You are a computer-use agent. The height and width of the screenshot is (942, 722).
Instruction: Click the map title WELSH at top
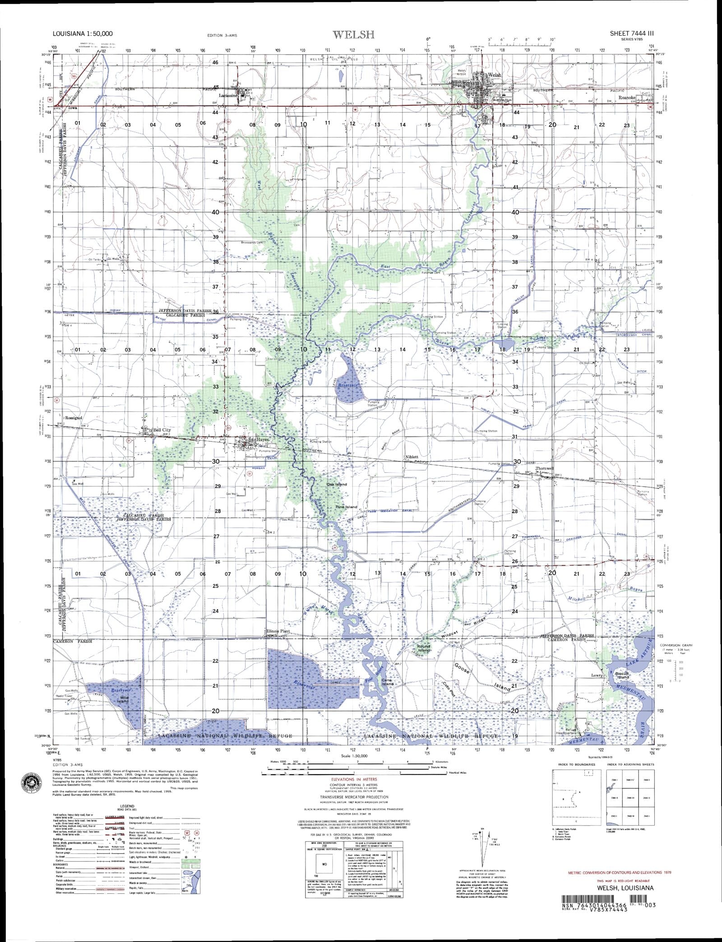(x=353, y=34)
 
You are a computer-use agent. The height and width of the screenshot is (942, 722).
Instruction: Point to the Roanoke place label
(x=627, y=97)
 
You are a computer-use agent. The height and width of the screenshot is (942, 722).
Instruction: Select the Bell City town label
(x=162, y=430)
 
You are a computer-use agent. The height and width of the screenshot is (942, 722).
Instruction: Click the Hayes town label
(x=263, y=439)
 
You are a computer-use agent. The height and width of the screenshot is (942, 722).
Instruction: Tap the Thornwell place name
(x=544, y=468)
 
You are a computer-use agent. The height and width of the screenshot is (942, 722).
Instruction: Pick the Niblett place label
(x=411, y=457)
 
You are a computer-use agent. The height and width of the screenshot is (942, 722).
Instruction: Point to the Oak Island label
(x=337, y=484)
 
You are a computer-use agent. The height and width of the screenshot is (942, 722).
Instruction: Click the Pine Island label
(x=346, y=507)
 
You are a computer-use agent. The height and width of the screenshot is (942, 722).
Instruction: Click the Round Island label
(x=424, y=648)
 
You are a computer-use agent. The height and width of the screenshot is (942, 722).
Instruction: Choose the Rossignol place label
(x=75, y=418)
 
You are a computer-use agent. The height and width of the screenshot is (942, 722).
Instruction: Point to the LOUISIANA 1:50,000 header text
(x=83, y=33)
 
